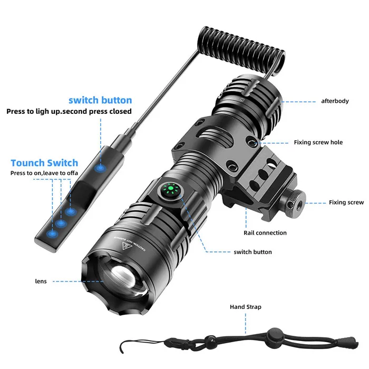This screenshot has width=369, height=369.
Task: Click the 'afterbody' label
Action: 335,101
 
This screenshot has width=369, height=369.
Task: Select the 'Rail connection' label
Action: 265,232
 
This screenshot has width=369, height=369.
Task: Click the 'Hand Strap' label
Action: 245,307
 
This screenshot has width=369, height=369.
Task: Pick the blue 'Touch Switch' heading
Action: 52,163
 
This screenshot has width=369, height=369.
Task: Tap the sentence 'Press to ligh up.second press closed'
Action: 69,111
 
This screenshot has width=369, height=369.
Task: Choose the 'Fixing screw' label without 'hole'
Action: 346,202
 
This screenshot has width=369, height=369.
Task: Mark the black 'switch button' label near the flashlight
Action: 253,252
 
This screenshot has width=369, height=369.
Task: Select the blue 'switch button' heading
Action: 100,100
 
